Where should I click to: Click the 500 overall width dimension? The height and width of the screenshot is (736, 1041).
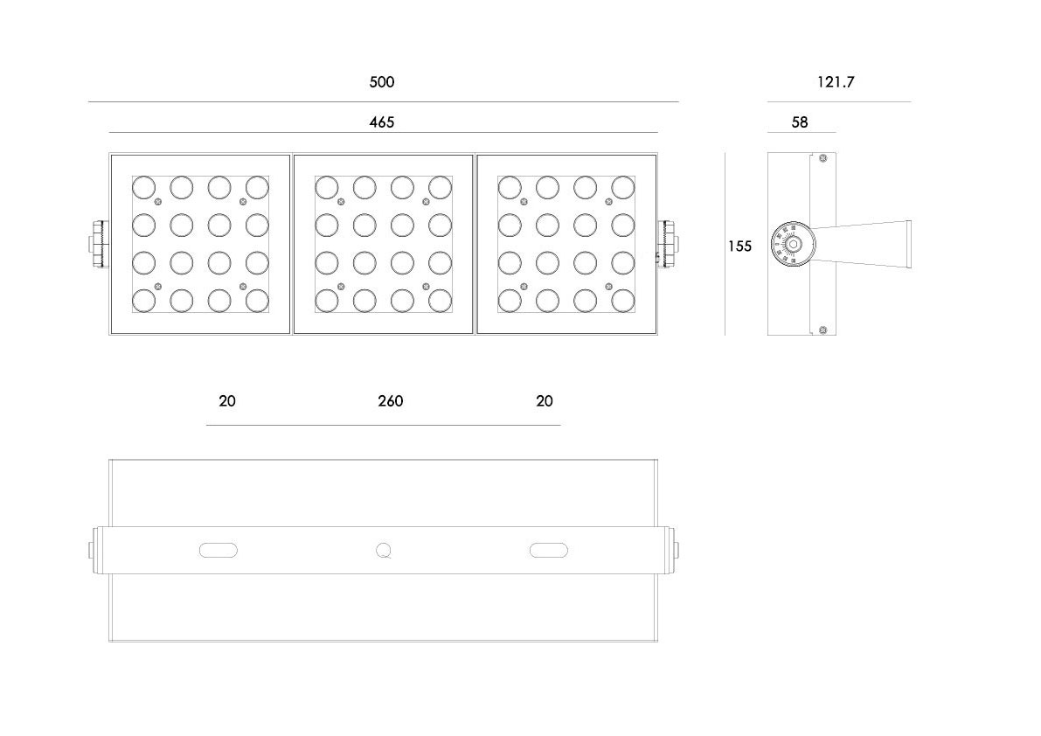click(382, 82)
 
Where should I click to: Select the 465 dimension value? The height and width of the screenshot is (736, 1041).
click(382, 122)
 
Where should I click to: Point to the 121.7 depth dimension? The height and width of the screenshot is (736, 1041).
click(836, 82)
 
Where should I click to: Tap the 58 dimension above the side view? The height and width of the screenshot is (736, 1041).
click(800, 122)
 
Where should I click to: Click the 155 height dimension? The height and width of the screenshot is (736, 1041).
click(739, 246)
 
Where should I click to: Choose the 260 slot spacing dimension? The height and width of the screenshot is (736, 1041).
click(391, 401)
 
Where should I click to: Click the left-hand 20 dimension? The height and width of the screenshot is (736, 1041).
click(227, 401)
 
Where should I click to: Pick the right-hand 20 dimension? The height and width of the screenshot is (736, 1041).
click(545, 401)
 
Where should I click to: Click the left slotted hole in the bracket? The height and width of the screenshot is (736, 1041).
click(219, 550)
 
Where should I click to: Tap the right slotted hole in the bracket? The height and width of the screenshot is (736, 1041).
click(549, 550)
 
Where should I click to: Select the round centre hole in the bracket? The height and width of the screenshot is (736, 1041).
click(383, 550)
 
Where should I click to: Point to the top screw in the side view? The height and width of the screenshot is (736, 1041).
click(822, 158)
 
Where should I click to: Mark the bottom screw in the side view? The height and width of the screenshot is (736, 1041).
click(822, 329)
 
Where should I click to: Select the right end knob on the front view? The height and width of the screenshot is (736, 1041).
click(670, 244)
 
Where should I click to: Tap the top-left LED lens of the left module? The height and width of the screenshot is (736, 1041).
click(143, 187)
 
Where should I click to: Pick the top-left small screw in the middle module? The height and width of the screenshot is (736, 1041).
click(340, 202)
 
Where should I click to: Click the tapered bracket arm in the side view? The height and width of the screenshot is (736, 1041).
click(865, 242)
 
